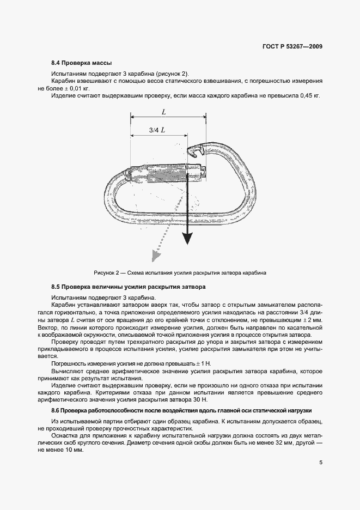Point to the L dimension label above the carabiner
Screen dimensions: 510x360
tap(164, 112)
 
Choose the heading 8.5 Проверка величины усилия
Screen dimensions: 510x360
tap(128, 287)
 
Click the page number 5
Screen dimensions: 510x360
tap(321, 464)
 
